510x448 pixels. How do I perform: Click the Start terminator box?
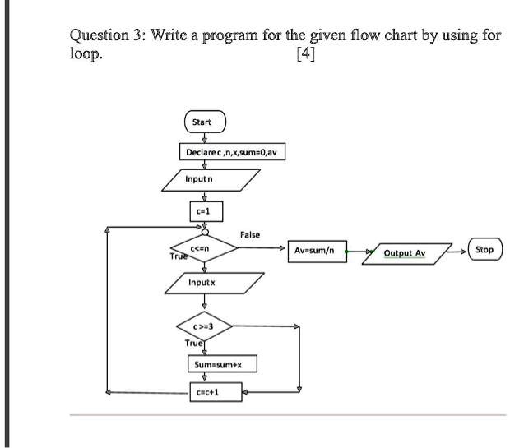(202, 122)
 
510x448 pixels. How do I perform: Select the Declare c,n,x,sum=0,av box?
(232, 153)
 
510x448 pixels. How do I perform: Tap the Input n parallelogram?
(211, 178)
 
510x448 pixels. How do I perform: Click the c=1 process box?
(202, 210)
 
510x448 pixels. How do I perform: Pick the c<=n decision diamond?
(204, 249)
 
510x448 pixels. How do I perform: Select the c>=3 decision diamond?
(203, 326)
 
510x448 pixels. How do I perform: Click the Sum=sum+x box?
(213, 364)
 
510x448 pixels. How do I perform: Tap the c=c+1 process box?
(205, 393)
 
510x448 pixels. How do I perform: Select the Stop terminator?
(484, 249)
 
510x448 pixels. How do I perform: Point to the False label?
(249, 235)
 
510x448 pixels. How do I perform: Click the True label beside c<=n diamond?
(178, 256)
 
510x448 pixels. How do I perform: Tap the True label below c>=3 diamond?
(193, 342)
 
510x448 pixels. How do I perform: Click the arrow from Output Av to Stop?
(459, 249)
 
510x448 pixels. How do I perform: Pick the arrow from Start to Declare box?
(202, 138)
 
